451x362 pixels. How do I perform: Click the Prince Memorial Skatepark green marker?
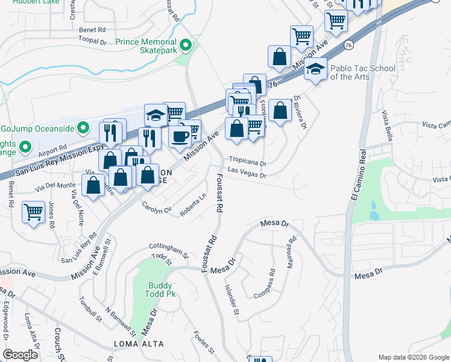pos(187,45)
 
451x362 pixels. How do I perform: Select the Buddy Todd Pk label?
pos(161,290)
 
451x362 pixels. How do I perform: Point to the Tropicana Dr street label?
pos(247,163)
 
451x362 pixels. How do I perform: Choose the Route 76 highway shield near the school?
pos(348,45)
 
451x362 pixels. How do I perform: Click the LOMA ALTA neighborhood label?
pos(139,344)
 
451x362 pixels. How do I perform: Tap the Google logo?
pos(20,355)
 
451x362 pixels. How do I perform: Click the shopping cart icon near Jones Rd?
pos(33,211)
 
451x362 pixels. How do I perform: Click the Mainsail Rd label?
pos(292,247)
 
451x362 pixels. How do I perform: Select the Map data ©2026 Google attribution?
pos(413,357)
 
